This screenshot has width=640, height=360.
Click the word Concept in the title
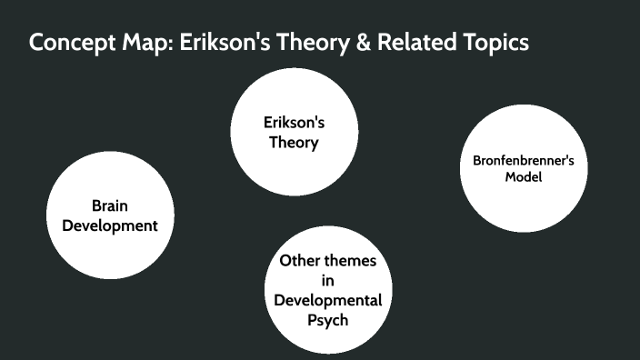pos(71,43)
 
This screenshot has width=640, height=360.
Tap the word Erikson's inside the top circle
pos(294,121)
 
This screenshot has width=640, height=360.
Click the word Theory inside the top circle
pos(294,143)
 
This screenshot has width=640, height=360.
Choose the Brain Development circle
pos(110,215)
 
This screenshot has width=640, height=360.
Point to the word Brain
pos(110,205)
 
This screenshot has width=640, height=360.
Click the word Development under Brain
pos(110,226)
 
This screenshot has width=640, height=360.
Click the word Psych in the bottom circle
pos(327,321)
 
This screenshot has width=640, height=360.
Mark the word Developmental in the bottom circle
pos(327,301)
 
